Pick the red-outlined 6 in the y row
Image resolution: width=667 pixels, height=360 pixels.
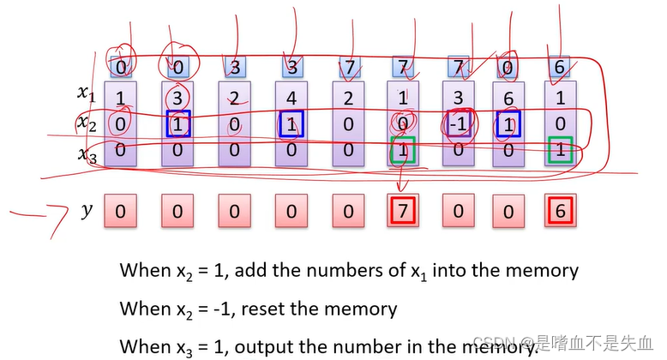click(560, 211)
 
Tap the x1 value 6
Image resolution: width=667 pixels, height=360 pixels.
click(509, 99)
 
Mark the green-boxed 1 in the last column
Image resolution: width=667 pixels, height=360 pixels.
click(560, 150)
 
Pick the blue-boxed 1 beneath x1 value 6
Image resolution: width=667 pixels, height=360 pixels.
click(509, 124)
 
